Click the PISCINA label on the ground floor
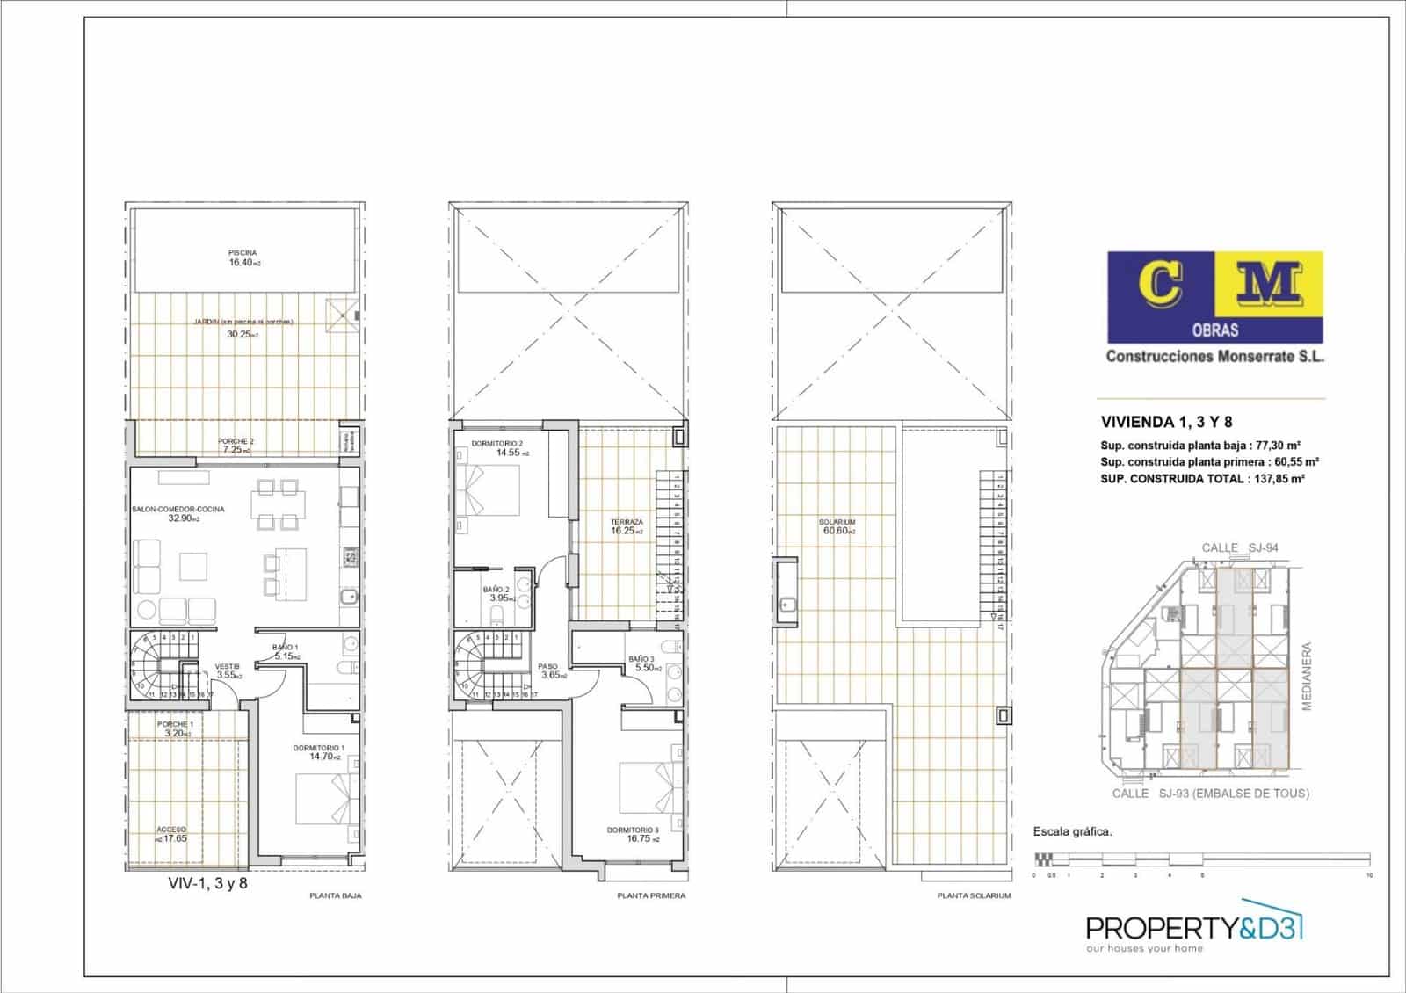[243, 253]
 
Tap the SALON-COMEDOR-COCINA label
[178, 510]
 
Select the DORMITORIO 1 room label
[319, 749]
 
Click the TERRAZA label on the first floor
[627, 523]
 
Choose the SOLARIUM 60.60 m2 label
[837, 526]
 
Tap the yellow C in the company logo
[1161, 285]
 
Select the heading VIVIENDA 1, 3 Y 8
[1158, 422]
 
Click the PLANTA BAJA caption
[336, 896]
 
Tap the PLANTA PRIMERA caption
[651, 896]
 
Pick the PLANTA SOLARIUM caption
[974, 896]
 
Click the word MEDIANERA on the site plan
[1307, 676]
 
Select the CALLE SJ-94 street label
[1240, 547]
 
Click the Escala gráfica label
[1072, 831]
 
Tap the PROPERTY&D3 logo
[1194, 930]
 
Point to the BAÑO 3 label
[641, 659]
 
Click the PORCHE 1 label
[174, 725]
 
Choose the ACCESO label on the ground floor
[171, 830]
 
